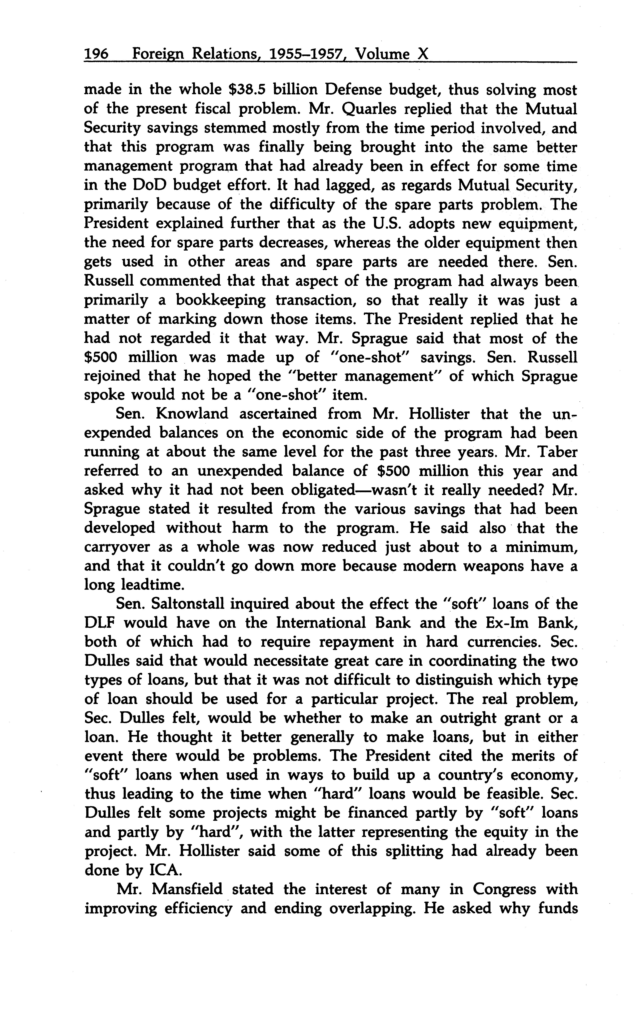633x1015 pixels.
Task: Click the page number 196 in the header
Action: tap(96, 54)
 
